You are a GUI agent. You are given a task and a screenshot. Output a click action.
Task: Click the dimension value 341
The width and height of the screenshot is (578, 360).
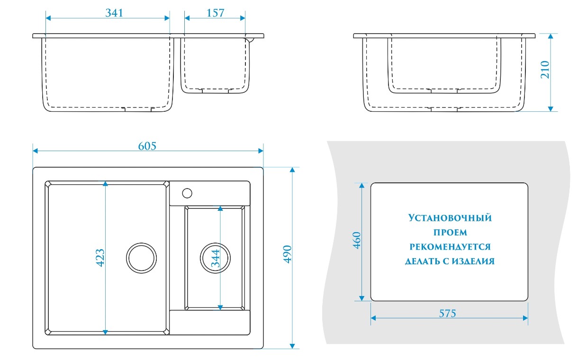[114, 13]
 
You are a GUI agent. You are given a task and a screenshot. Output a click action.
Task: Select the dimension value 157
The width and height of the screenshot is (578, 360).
[216, 13]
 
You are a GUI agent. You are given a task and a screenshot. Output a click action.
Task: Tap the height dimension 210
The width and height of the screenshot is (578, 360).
[544, 70]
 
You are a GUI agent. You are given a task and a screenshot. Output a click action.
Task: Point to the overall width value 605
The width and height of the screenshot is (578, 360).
[147, 146]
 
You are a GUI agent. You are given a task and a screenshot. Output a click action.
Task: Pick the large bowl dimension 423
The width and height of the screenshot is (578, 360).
[100, 257]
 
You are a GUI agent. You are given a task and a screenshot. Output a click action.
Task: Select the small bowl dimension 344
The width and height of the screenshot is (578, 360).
[216, 258]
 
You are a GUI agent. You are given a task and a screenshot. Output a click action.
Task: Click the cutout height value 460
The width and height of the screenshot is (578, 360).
[357, 241]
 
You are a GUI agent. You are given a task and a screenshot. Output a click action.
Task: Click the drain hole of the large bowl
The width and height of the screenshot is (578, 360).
[141, 258]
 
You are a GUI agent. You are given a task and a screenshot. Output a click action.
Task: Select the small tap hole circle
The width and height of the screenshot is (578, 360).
[187, 193]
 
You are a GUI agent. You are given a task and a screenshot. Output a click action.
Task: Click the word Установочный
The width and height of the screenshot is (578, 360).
[450, 218]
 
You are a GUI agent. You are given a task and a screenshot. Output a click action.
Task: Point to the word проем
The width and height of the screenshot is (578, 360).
[450, 233]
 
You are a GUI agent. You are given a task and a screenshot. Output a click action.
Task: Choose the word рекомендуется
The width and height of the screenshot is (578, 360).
[450, 247]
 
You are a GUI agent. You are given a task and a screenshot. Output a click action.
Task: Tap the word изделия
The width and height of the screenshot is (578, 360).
[474, 261]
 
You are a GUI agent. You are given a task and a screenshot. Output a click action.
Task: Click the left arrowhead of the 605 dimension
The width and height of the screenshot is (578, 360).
[35, 151]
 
